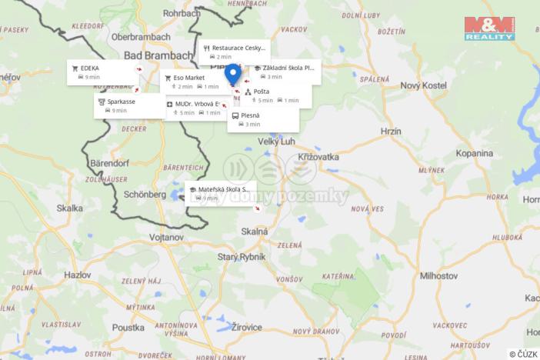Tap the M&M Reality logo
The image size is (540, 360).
488,27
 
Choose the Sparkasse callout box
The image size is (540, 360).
129,105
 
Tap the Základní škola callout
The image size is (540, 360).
284,72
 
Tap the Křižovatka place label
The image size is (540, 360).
318,156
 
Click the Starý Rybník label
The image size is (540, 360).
242,256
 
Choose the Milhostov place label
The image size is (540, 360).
439,275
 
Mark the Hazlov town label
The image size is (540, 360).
78,274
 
